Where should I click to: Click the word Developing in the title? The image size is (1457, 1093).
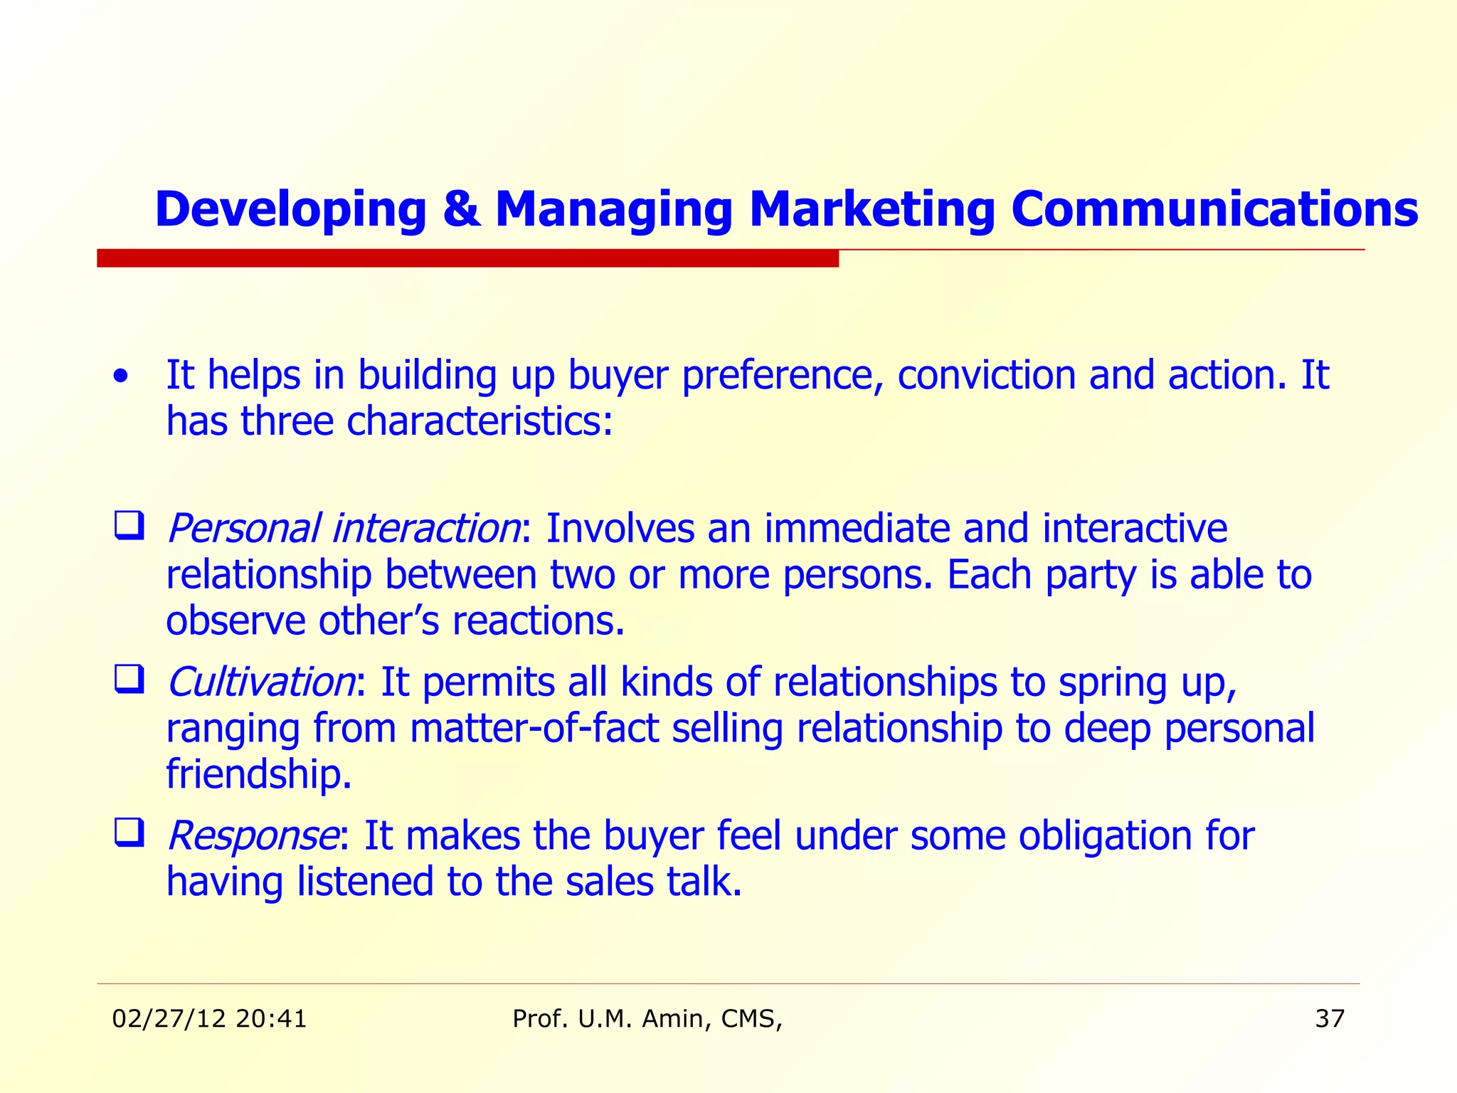[x=290, y=209]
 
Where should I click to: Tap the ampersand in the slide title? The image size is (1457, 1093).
[x=460, y=209]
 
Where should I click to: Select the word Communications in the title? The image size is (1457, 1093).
[x=1214, y=209]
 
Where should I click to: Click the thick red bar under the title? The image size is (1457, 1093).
[x=467, y=258]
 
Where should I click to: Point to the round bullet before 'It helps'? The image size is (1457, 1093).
[x=122, y=376]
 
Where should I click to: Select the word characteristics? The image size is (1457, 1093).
[x=479, y=421]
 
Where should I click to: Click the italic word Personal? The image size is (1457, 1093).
[x=243, y=529]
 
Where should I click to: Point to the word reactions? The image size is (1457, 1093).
[x=538, y=621]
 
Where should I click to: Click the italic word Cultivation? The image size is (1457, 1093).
[x=260, y=682]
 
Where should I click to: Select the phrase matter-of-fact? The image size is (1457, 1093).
[x=534, y=729]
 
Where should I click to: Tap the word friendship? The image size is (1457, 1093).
[x=258, y=774]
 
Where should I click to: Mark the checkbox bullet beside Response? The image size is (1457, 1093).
[x=129, y=833]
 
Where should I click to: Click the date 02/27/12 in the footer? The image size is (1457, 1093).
[x=169, y=1019]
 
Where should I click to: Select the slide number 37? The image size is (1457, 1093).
[x=1330, y=1019]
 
